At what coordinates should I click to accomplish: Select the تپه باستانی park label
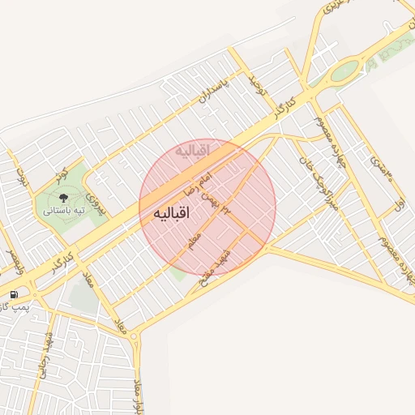[x=65, y=211]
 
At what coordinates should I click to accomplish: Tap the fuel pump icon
[x=14, y=294]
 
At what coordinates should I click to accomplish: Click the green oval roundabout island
[x=344, y=71]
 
